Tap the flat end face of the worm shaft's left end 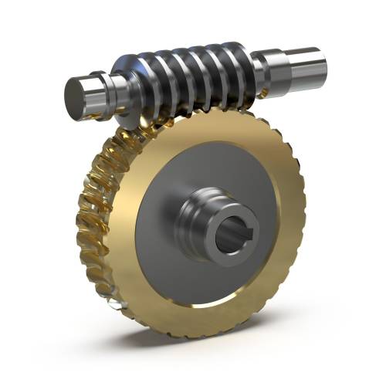[x=77, y=96]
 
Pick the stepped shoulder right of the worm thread [x=262, y=66]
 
